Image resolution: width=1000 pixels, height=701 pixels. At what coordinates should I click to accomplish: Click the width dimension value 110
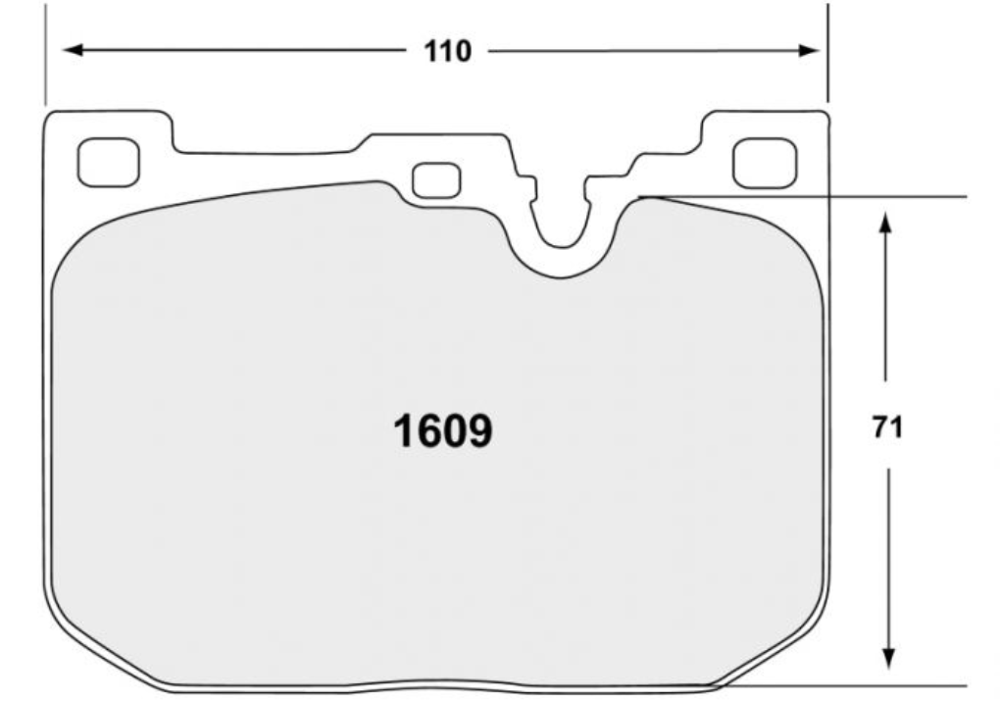(x=447, y=51)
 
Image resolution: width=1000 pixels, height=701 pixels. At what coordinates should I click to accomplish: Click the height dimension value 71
(x=886, y=428)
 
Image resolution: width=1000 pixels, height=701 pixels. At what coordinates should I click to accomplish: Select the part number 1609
(x=442, y=430)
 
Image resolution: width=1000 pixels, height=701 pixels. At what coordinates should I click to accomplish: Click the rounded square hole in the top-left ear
(x=108, y=162)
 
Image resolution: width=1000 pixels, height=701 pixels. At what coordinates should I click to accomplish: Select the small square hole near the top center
(x=436, y=180)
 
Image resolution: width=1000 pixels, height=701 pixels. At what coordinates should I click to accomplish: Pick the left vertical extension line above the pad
(x=45, y=54)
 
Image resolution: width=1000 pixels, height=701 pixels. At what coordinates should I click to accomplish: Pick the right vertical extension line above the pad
(x=827, y=54)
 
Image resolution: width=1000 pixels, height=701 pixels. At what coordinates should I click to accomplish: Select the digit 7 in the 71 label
(x=879, y=428)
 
